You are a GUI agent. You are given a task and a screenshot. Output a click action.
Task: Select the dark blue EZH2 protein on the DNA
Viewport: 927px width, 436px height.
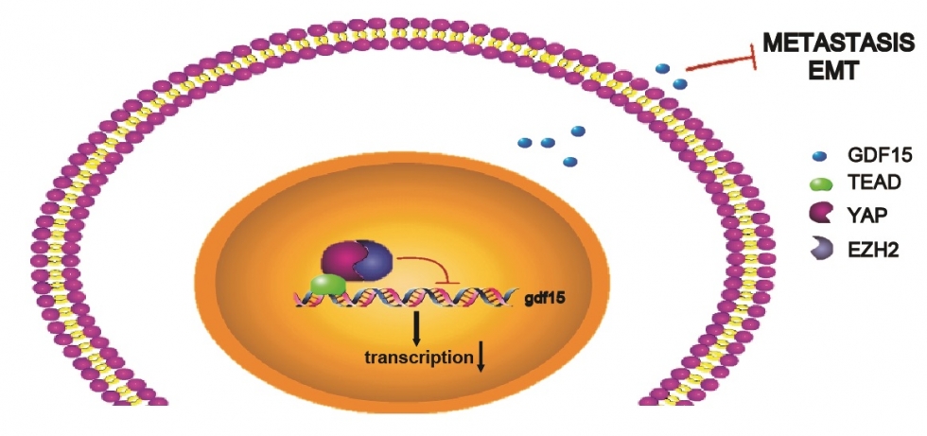376,264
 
